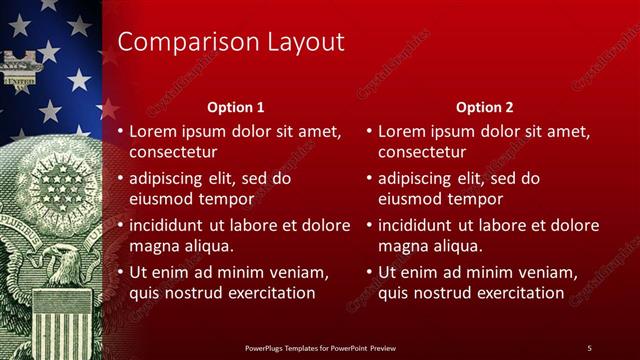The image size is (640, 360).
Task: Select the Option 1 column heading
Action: coord(236,107)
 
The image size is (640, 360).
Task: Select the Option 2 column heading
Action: coord(485,107)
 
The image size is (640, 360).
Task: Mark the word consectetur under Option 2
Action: coord(422,152)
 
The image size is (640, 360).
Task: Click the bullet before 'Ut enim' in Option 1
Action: coord(120,272)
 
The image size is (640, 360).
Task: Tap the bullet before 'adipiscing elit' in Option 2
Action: coord(369,178)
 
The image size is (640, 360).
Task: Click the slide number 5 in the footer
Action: coord(589,347)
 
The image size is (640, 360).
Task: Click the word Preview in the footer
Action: coord(383,347)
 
